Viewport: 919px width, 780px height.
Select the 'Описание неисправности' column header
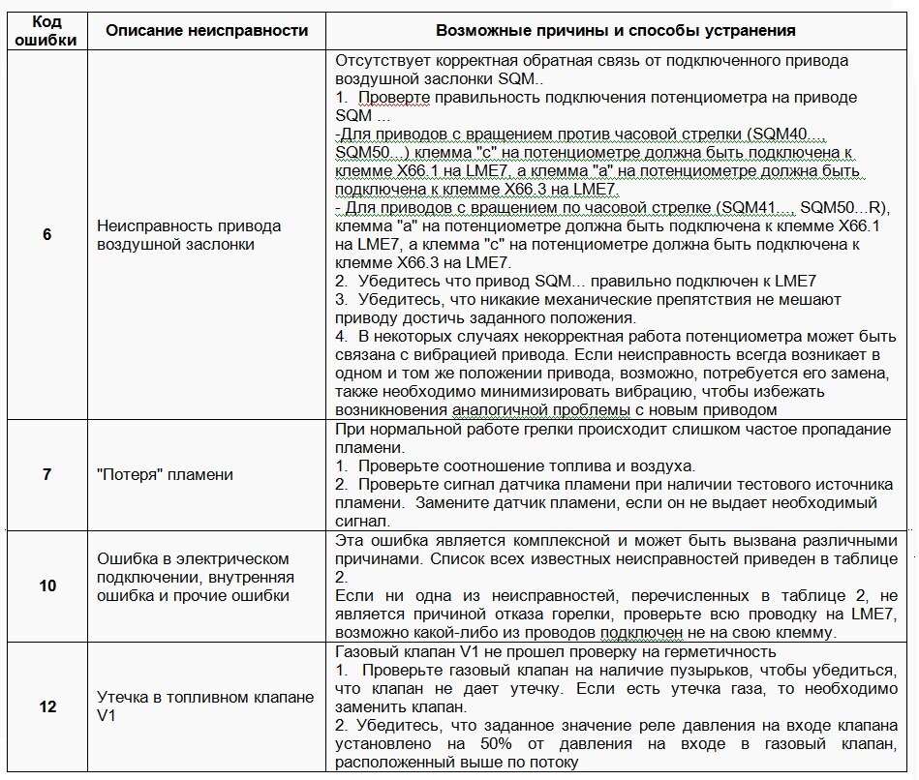(x=206, y=30)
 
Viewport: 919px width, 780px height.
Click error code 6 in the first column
(x=47, y=235)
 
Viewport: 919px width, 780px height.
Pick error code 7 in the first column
(x=47, y=474)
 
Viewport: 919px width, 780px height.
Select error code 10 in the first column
(x=47, y=585)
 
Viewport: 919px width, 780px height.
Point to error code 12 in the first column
(x=47, y=706)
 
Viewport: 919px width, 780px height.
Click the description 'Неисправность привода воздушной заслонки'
(x=189, y=235)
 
